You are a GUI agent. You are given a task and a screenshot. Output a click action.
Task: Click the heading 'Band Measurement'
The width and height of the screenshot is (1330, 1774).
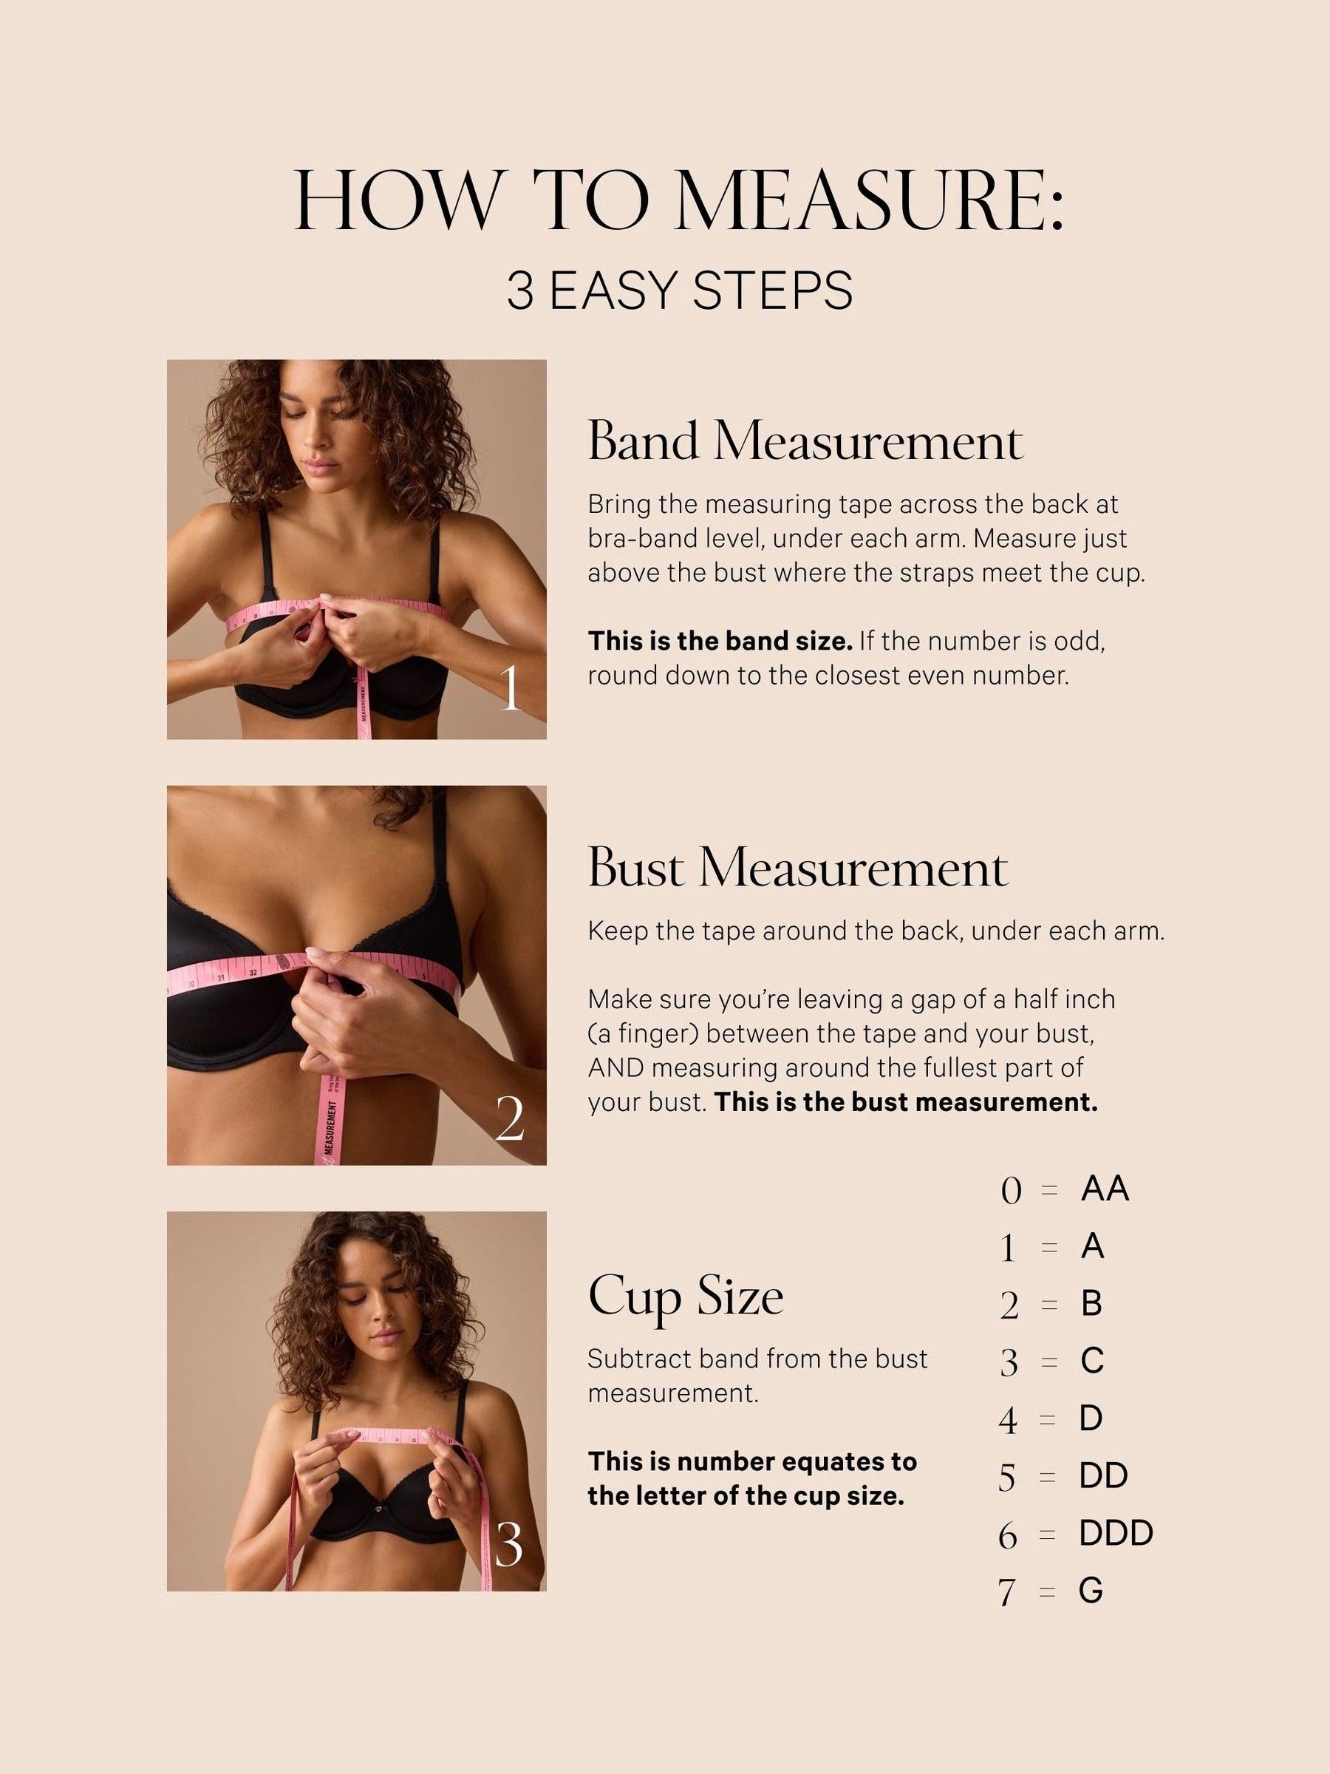[x=805, y=442]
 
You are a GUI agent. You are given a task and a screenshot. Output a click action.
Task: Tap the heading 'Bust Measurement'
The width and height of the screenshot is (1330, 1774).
[x=798, y=869]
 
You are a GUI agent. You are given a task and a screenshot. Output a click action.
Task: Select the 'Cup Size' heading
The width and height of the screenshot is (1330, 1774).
[x=686, y=1299]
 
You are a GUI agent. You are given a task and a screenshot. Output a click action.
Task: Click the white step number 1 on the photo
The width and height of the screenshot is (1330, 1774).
[x=511, y=689]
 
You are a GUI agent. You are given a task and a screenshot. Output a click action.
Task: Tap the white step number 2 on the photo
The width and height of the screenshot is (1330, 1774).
[x=510, y=1119]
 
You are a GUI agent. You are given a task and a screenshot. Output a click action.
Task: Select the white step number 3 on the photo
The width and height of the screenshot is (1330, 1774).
[x=509, y=1545]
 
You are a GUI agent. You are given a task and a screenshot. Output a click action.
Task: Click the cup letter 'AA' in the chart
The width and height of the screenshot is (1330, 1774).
[x=1104, y=1189]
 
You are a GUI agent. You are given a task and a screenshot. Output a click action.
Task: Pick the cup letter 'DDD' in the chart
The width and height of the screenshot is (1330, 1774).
[x=1115, y=1532]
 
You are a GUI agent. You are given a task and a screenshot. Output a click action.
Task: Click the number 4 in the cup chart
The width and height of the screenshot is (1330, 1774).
[x=1008, y=1421]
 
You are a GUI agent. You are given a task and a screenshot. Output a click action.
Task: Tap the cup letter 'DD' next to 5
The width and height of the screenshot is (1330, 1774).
[x=1103, y=1475]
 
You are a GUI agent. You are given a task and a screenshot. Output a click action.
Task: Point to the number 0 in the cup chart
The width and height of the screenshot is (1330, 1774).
[x=1011, y=1192]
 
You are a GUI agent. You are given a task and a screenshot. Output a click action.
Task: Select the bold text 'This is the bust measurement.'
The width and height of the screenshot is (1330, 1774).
[x=905, y=1102]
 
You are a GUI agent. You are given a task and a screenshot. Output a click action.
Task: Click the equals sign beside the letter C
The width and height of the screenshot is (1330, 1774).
[x=1048, y=1362]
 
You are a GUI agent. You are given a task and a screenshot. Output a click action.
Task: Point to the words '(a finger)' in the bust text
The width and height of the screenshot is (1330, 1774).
[x=641, y=1034]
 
